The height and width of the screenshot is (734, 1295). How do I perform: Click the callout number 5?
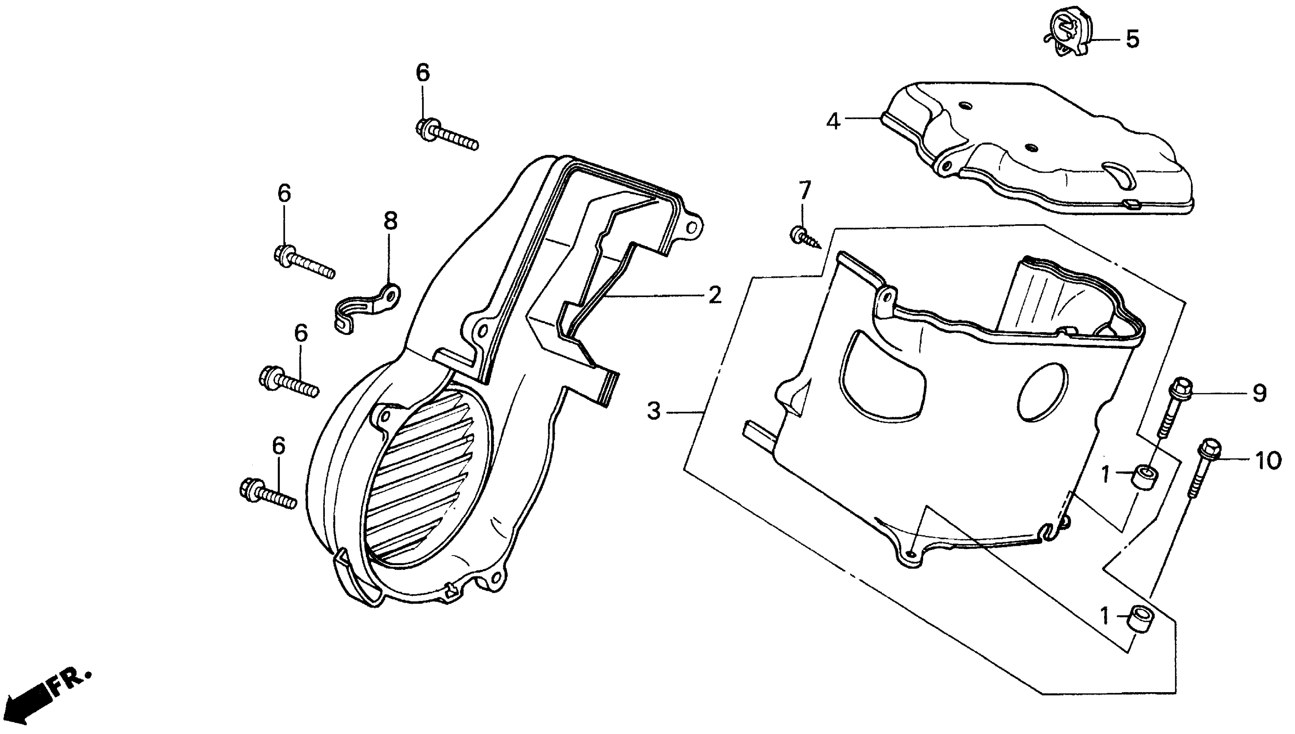pos(1133,39)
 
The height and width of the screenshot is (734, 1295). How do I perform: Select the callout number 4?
pos(833,121)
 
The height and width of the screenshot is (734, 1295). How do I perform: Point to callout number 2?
pos(714,295)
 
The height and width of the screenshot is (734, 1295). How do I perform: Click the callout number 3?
pos(654,411)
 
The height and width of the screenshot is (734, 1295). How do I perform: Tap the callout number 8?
pos(390,221)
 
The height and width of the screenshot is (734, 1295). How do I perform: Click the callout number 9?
pos(1259,393)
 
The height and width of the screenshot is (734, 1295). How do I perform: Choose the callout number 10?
pos(1268,460)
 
